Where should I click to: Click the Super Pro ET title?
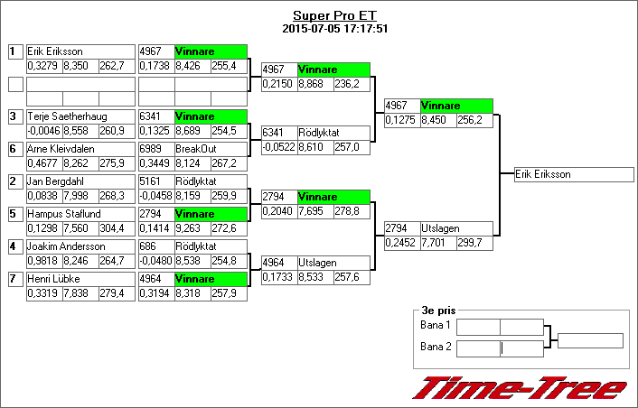click(334, 15)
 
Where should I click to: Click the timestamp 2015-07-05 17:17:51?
click(334, 28)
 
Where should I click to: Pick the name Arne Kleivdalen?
click(61, 149)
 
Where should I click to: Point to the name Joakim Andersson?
click(61, 246)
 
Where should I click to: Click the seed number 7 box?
click(14, 279)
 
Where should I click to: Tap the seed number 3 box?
click(14, 116)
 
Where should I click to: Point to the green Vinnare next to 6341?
click(211, 116)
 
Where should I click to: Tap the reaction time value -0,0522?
click(278, 146)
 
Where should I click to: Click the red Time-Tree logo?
click(520, 388)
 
